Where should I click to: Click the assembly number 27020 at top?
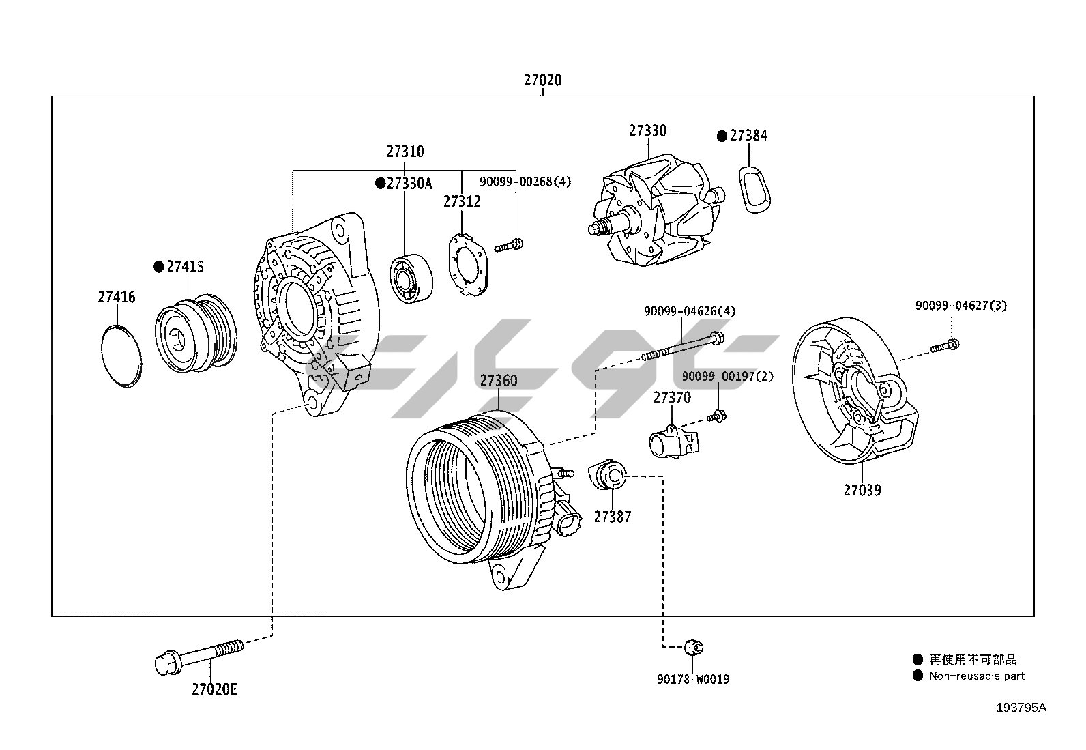542,80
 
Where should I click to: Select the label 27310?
405,152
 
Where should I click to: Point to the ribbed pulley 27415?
195,335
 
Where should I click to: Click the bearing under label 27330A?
411,278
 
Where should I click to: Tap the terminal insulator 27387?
607,474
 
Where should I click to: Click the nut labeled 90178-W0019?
694,646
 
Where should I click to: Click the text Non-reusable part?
976,676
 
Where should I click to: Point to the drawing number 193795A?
1021,707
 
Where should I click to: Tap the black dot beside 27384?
722,136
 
